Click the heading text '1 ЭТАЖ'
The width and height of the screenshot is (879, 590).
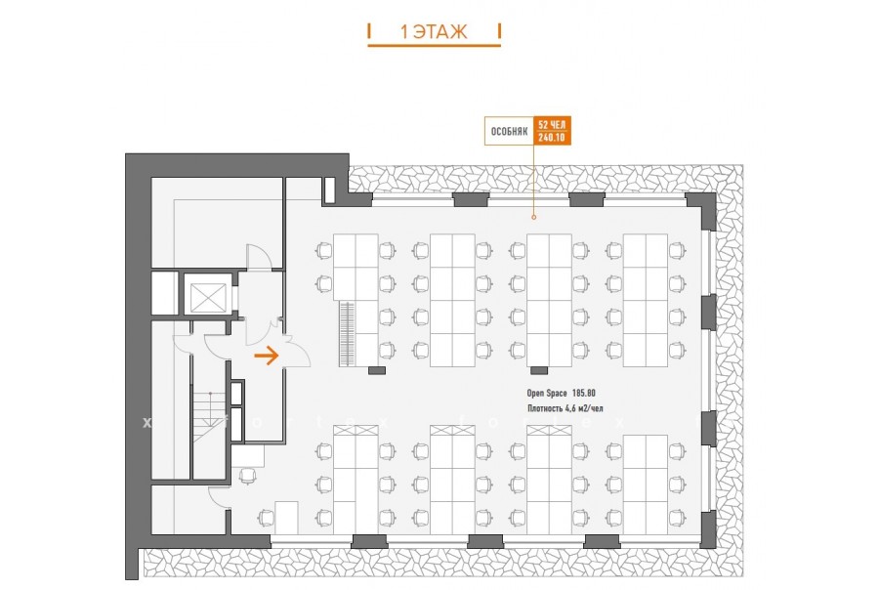click(x=434, y=32)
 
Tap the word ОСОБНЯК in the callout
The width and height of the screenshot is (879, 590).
click(x=509, y=130)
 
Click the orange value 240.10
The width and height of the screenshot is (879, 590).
click(x=551, y=138)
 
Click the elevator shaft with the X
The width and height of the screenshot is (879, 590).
click(x=209, y=295)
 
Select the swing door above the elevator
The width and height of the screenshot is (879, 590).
click(x=259, y=258)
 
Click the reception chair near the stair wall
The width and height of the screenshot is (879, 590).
click(x=248, y=476)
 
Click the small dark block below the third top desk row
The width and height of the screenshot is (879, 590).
click(x=538, y=370)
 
